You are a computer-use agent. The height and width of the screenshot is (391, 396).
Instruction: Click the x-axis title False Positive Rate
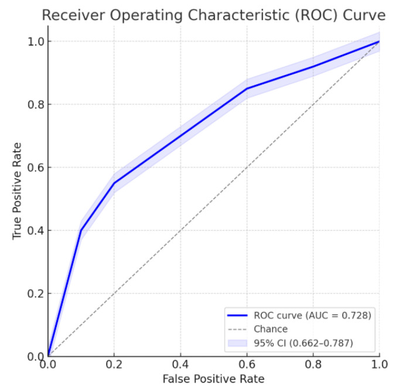(213, 379)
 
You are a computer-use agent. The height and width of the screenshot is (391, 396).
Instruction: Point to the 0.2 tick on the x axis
(114, 363)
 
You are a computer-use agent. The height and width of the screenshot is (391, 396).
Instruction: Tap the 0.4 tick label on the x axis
(180, 363)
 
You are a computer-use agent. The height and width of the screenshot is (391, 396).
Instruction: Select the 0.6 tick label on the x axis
(247, 363)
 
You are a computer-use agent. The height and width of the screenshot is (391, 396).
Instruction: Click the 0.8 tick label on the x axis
(313, 363)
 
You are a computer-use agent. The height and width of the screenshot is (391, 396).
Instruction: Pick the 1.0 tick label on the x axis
(378, 363)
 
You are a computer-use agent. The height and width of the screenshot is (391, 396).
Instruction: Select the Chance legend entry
(270, 329)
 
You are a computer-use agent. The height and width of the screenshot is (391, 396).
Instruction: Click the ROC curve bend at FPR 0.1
(80, 231)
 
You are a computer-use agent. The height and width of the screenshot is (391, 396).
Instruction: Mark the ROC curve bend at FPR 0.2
(114, 183)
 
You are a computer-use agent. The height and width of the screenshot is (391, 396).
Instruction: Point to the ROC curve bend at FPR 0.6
(247, 89)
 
